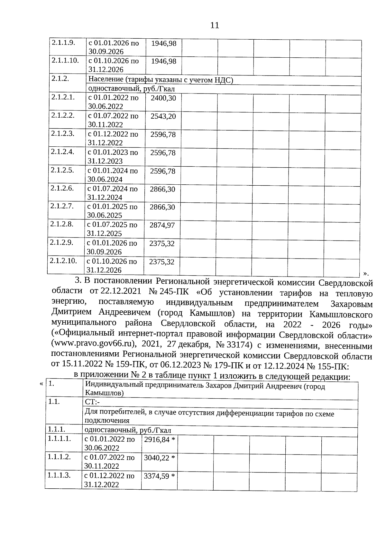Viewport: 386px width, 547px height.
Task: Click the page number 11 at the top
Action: (x=215, y=25)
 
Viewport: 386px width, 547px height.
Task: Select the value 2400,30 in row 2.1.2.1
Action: (x=163, y=98)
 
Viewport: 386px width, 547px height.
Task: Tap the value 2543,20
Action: (x=163, y=116)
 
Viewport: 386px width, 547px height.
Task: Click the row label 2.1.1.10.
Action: (x=65, y=60)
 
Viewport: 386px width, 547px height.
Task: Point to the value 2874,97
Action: (x=162, y=225)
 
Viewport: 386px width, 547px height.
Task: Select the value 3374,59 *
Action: (x=159, y=476)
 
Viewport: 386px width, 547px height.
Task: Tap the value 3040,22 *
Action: (x=159, y=458)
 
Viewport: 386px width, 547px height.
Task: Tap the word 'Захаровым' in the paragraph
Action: (x=352, y=304)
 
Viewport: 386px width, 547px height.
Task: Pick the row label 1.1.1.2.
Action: (x=59, y=457)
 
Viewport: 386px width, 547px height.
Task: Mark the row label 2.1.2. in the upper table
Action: (x=60, y=78)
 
